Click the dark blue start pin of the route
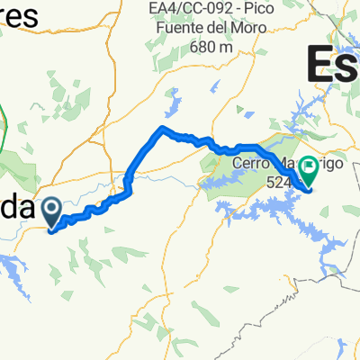[51, 211]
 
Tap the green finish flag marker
[309, 166]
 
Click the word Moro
[262, 30]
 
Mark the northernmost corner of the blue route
[162, 128]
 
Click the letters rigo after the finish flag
[332, 165]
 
